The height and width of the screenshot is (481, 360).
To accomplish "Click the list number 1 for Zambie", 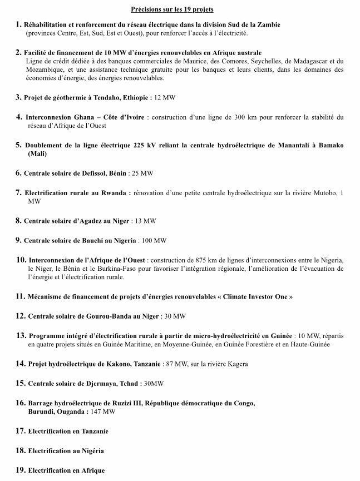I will point(18,25).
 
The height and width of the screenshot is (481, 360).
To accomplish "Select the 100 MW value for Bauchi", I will point(154,240).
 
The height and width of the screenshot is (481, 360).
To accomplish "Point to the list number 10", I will point(21,260).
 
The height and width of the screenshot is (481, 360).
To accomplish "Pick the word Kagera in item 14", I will point(238,364).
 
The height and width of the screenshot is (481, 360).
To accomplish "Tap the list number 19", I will point(21,470).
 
